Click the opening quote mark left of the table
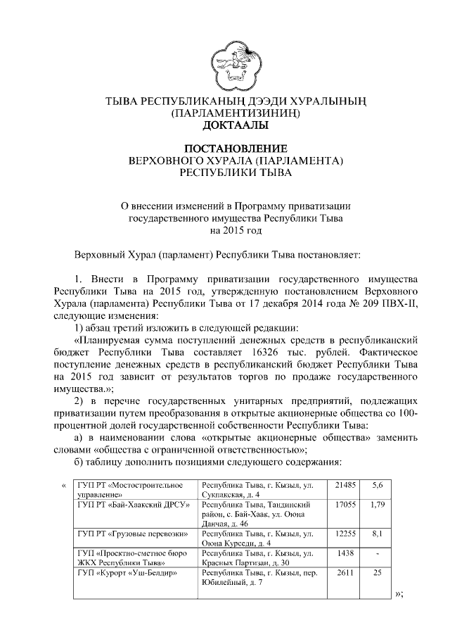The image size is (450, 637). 64,486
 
